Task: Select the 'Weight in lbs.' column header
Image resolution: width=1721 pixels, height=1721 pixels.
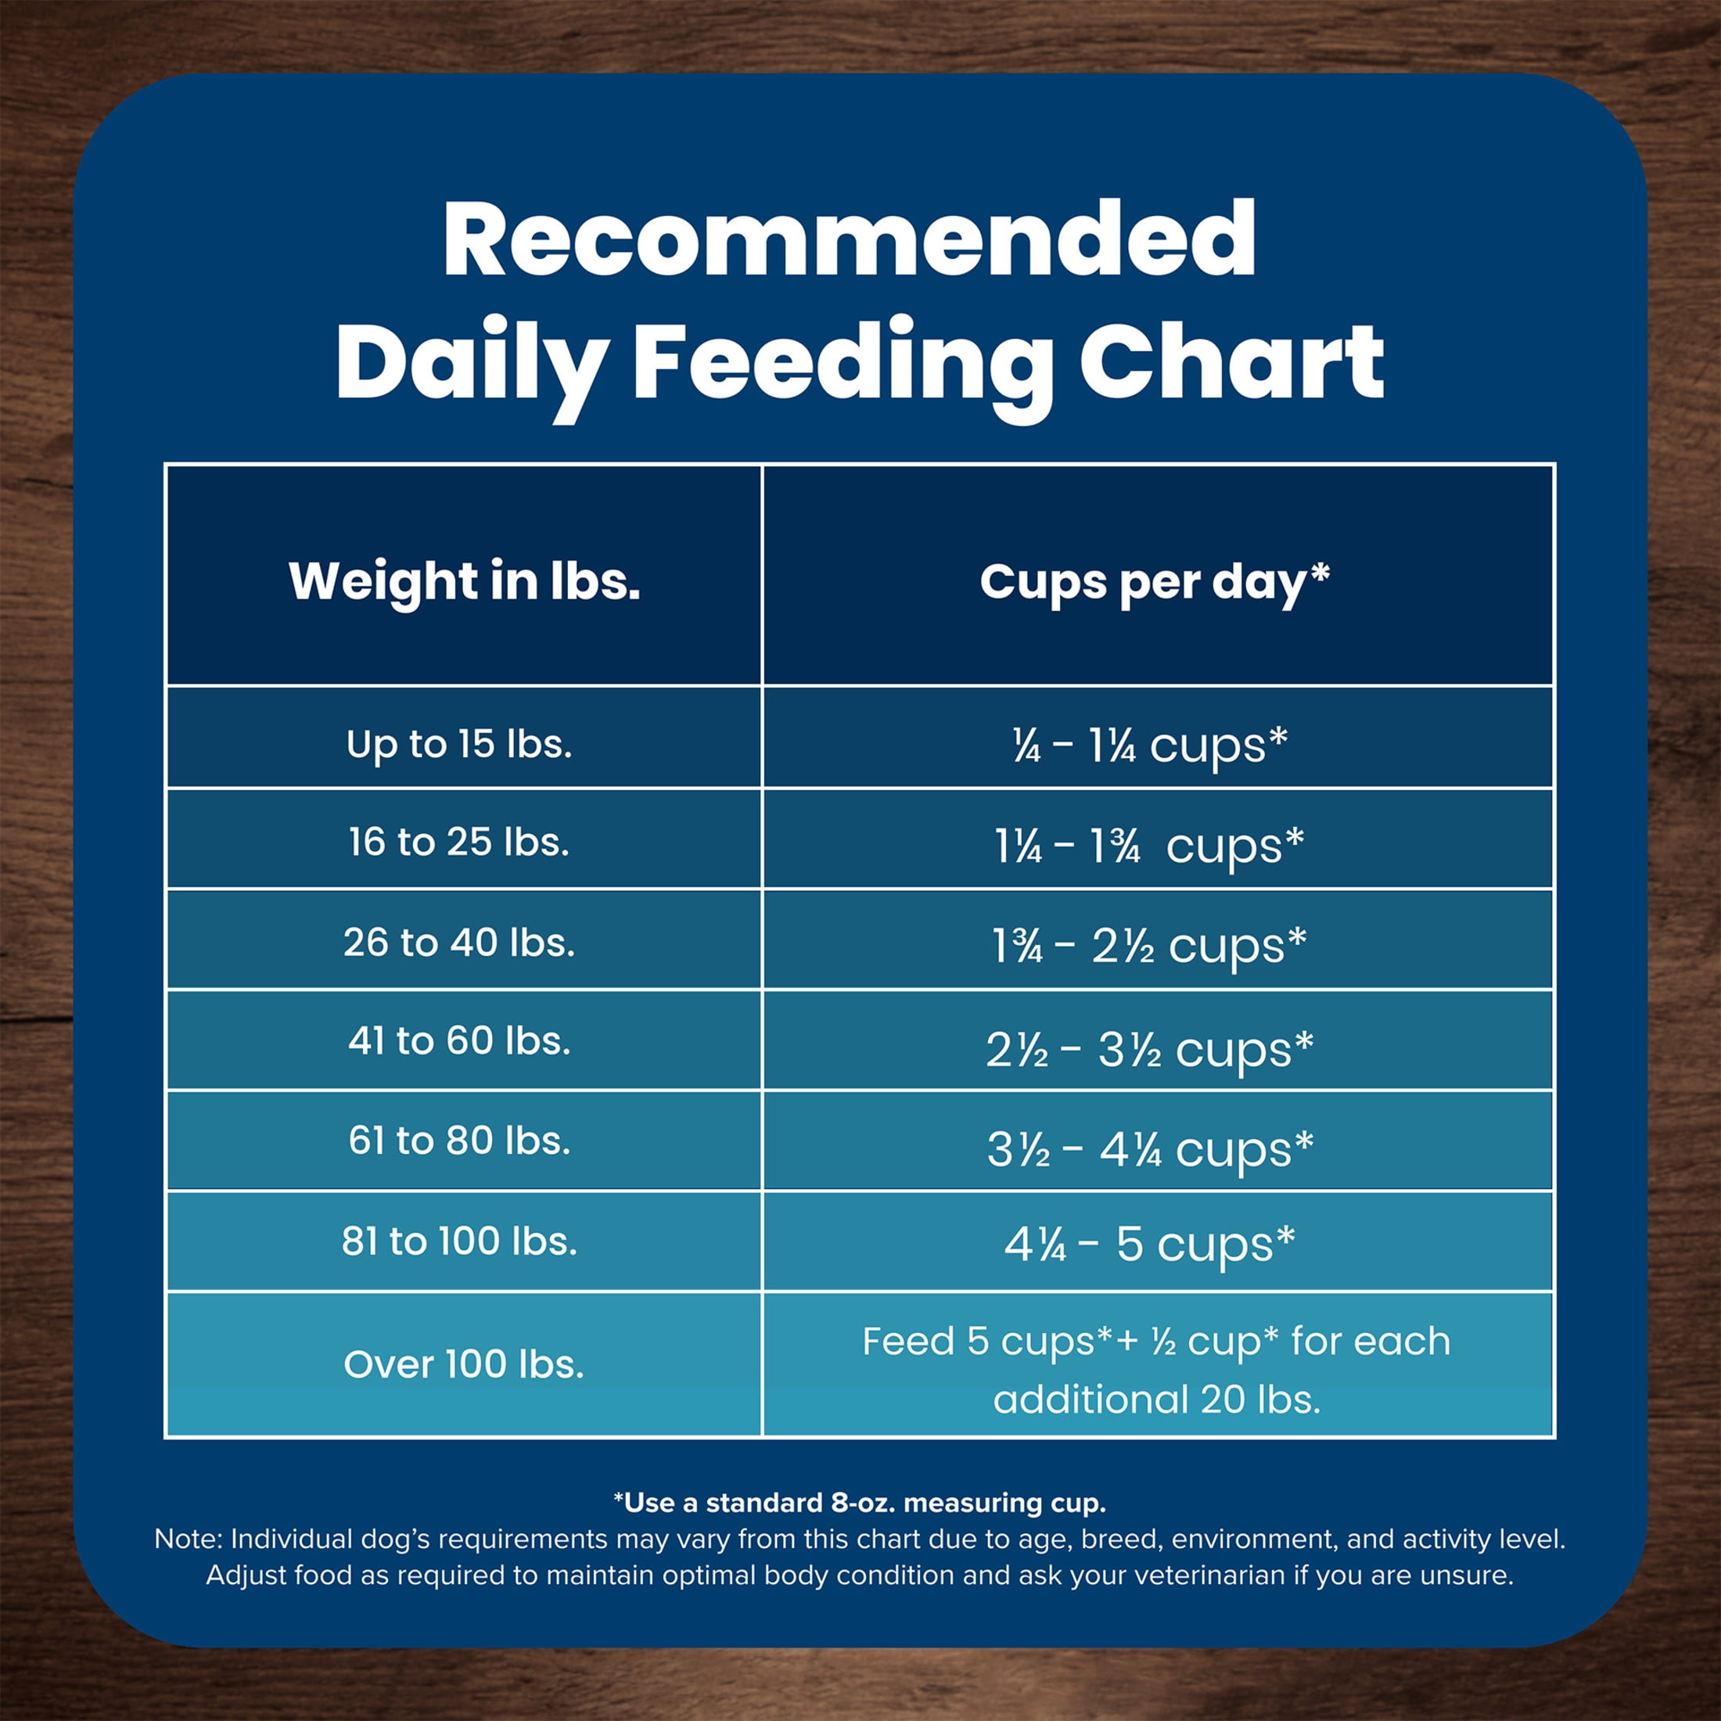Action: [x=464, y=580]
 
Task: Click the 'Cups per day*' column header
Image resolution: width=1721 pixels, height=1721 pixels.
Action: [x=1155, y=583]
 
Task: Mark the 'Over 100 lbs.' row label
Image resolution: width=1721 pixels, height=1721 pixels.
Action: [x=463, y=1364]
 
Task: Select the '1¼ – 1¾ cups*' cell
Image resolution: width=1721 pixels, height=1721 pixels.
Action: [x=1149, y=846]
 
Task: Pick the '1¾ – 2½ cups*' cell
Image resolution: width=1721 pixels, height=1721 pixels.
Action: [x=1149, y=945]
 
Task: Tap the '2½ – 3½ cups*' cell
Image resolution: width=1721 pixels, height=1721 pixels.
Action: [x=1149, y=1049]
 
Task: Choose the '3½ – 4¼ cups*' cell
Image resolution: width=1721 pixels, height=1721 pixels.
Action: [x=1150, y=1149]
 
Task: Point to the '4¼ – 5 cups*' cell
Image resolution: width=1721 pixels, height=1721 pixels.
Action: [x=1149, y=1245]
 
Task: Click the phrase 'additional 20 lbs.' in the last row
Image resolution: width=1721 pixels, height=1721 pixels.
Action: [x=1156, y=1399]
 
